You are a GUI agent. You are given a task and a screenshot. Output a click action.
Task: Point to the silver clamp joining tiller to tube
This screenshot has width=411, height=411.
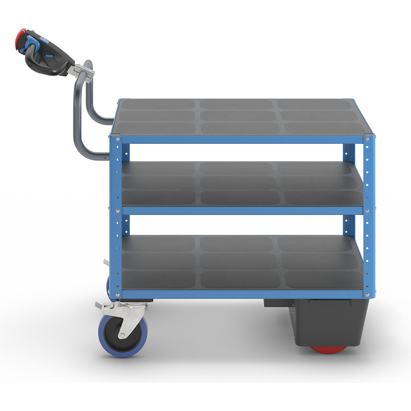point(81,72)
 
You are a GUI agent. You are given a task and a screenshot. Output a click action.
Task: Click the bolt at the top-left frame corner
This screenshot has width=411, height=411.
point(118,139)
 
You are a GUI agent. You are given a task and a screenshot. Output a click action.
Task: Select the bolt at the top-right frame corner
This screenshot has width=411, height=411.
point(367,139)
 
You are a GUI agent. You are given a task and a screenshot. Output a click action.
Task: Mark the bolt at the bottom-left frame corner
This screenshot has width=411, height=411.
point(118,295)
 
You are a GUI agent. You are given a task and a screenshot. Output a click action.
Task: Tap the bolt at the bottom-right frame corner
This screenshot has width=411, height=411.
point(367,295)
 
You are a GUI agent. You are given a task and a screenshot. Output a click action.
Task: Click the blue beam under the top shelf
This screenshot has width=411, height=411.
point(240,139)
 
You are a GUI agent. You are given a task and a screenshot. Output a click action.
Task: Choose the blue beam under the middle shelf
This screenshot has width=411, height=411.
point(240,210)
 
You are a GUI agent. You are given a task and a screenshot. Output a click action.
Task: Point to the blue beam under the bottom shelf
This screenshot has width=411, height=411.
point(240,294)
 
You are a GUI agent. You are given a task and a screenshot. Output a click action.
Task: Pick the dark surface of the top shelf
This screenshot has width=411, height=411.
point(236,116)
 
